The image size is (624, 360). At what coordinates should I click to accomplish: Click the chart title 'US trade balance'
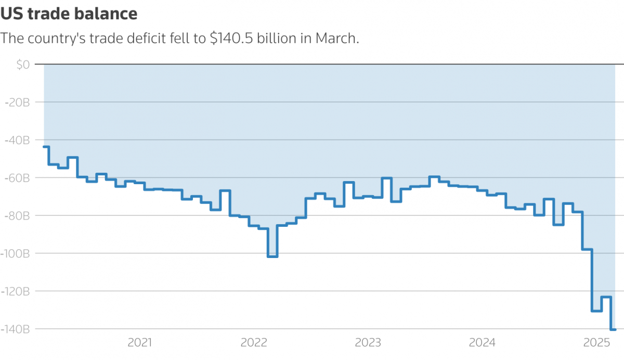pyautogui.click(x=69, y=14)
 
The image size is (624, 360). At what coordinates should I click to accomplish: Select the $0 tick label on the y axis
pyautogui.click(x=23, y=65)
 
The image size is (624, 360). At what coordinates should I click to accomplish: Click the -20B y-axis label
pyautogui.click(x=17, y=102)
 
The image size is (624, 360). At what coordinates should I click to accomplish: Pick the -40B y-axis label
pyautogui.click(x=17, y=140)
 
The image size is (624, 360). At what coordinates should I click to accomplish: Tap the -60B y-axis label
pyautogui.click(x=17, y=178)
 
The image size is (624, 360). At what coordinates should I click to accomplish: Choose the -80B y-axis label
pyautogui.click(x=17, y=215)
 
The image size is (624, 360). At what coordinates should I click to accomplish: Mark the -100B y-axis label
pyautogui.click(x=15, y=253)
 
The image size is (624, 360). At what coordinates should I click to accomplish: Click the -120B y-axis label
pyautogui.click(x=15, y=291)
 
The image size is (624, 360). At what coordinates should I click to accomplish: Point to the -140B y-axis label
pyautogui.click(x=15, y=329)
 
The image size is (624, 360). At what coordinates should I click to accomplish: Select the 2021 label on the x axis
pyautogui.click(x=139, y=343)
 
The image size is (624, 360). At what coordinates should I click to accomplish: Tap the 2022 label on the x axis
pyautogui.click(x=254, y=343)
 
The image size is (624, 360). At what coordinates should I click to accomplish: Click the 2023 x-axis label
pyautogui.click(x=368, y=343)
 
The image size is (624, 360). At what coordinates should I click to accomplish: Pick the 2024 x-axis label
pyautogui.click(x=482, y=343)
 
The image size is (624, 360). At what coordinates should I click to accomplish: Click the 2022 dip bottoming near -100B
pyautogui.click(x=272, y=256)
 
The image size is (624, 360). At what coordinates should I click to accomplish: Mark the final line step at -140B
pyautogui.click(x=613, y=329)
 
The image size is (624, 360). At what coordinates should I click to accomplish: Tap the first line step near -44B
pyautogui.click(x=46, y=147)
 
